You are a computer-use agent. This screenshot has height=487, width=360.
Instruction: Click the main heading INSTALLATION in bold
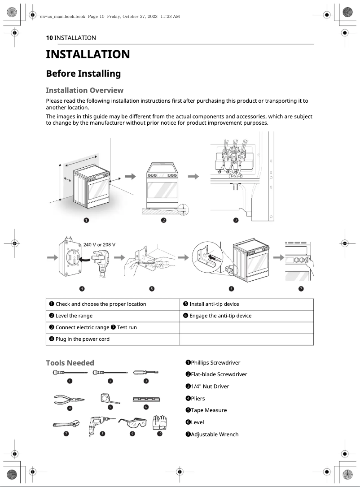point(88,55)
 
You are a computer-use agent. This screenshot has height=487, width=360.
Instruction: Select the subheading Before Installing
point(83,74)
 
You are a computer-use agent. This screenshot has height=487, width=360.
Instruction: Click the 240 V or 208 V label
point(100,244)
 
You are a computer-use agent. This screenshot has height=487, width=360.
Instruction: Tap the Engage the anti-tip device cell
point(220,316)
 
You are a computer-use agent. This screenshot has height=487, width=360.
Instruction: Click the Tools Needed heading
point(70,363)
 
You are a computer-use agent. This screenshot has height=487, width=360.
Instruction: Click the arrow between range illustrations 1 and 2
point(130,177)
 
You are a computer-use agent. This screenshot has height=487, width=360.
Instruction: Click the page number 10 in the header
point(49,38)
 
